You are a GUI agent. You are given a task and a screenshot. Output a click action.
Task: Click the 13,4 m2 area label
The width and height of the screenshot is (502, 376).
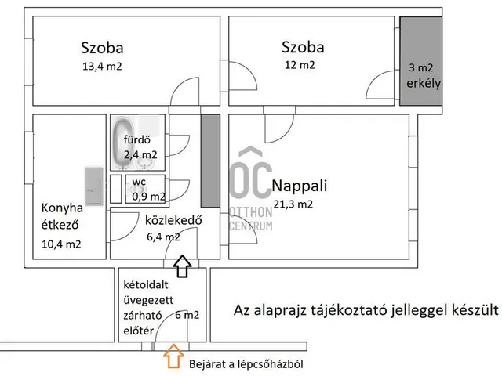coord(102,67)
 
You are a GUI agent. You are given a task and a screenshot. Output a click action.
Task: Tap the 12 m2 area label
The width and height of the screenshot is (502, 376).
coord(300,65)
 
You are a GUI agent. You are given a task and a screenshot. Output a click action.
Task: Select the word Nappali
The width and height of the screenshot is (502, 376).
coord(299,186)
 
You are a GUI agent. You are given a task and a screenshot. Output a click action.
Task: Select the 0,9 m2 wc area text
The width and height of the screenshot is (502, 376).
coord(148,197)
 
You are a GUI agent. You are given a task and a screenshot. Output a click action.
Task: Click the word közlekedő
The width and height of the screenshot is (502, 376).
coord(174,220)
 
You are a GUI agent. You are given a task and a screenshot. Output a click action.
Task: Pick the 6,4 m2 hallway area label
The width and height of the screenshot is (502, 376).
coord(163,236)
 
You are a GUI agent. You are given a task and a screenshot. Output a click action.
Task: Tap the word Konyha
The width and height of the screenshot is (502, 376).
coord(62,209)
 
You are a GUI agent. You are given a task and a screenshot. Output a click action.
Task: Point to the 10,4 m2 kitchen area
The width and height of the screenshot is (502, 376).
coord(62,244)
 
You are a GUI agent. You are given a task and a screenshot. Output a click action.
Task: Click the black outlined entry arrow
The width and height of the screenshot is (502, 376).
coord(182,266)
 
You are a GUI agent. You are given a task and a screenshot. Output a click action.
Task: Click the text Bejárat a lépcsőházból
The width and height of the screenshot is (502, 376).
coord(246,364)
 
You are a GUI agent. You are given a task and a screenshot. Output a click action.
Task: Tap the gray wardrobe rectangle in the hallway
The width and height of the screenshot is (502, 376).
coord(209,161)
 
